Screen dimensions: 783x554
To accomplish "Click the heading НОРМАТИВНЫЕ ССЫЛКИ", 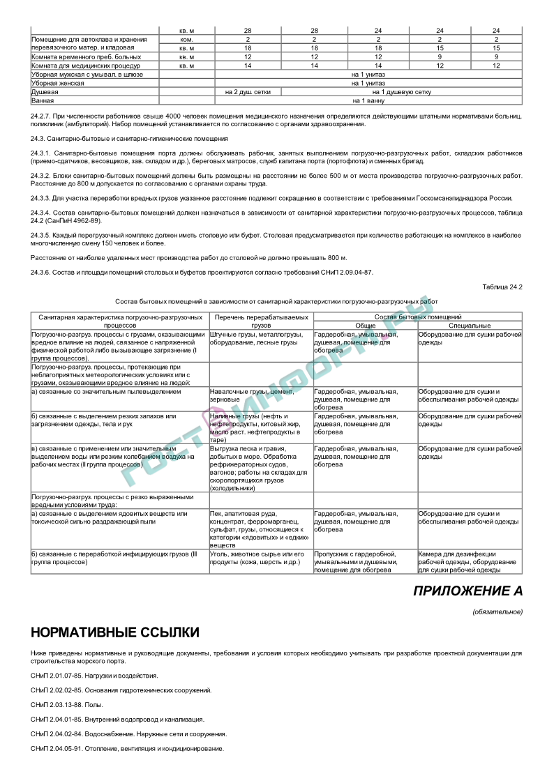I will click(x=115, y=632).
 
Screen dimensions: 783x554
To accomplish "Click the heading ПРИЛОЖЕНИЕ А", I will click(x=467, y=591).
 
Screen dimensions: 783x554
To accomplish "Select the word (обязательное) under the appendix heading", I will click(x=497, y=611).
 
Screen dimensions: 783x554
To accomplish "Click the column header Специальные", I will click(x=470, y=326).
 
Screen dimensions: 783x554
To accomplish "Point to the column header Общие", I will click(x=365, y=326).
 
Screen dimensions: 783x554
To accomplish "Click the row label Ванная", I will click(x=43, y=100).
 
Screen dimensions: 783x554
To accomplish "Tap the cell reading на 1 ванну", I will click(x=368, y=100).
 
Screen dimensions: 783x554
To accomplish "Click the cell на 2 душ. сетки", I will click(x=248, y=91).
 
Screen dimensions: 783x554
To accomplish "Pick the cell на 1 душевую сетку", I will click(x=401, y=91).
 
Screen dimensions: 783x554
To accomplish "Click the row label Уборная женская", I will click(x=58, y=83).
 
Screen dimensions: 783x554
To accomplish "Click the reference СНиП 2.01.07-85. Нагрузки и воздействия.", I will click(x=94, y=675).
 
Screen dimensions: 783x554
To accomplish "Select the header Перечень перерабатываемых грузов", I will click(x=261, y=321).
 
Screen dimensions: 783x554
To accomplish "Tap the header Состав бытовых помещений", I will click(x=417, y=317).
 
